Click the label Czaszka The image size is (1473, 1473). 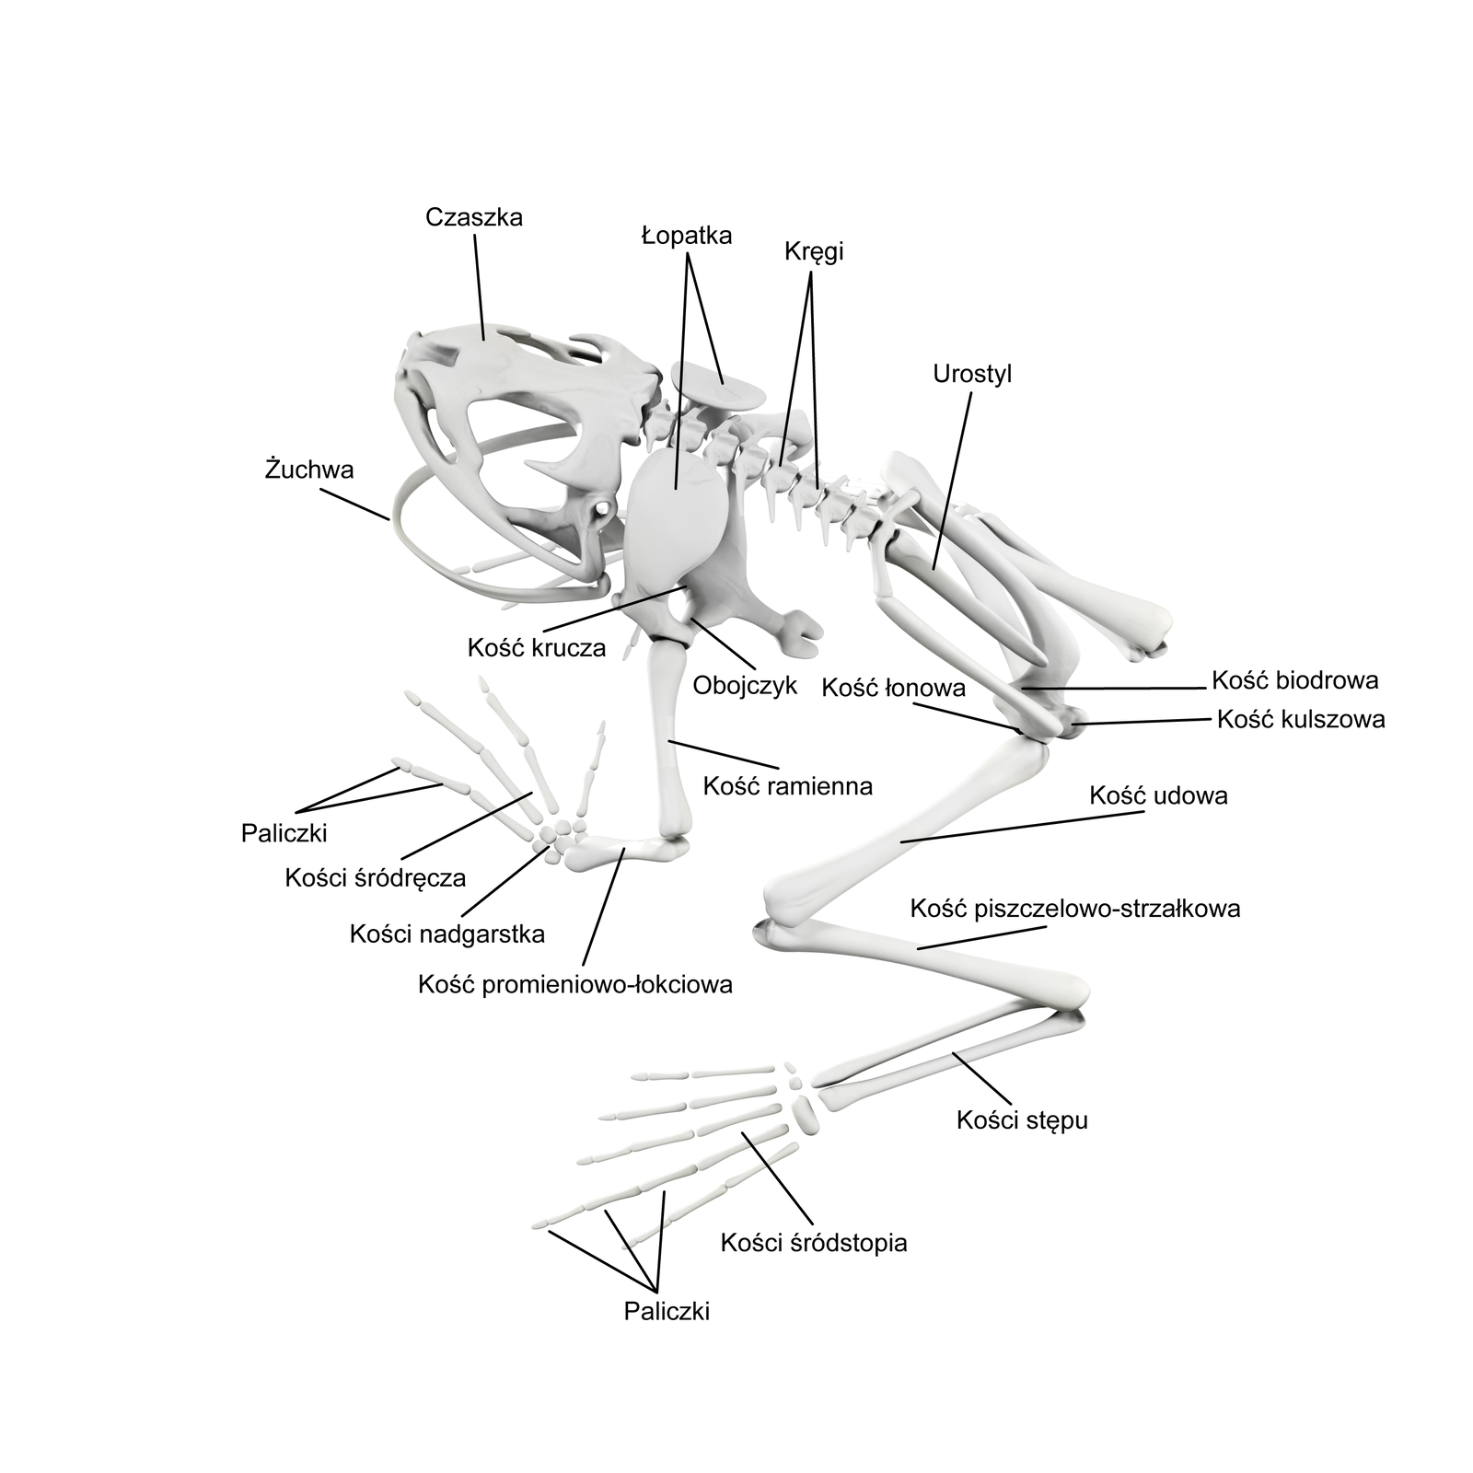[x=474, y=217]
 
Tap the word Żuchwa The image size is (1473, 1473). [x=309, y=470]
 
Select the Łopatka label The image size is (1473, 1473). [x=687, y=236]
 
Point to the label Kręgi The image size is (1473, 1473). [x=814, y=251]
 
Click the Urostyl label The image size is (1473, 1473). [x=972, y=374]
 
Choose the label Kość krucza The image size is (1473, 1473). [x=537, y=647]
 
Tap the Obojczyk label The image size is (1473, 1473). [x=745, y=686]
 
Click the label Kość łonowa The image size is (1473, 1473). [x=893, y=688]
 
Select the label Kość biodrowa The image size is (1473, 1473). [x=1295, y=680]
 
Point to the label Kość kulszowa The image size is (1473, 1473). [x=1301, y=719]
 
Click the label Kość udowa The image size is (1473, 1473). [x=1158, y=795]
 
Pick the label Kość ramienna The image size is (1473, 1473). [x=787, y=786]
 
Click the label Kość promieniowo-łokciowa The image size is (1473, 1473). [x=575, y=984]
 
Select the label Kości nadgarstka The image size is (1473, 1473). [x=447, y=934]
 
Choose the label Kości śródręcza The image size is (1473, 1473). [x=376, y=877]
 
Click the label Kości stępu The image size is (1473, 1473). [x=1022, y=1120]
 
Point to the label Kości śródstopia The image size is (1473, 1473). [x=814, y=1243]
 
